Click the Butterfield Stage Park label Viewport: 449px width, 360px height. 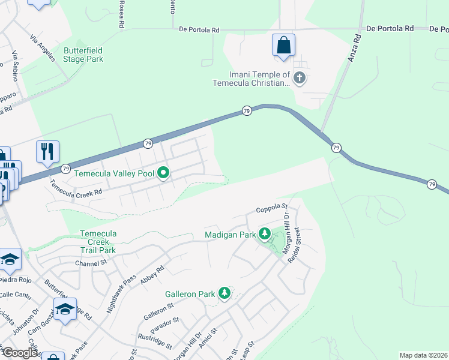(83, 55)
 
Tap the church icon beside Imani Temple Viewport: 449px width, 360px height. (300, 77)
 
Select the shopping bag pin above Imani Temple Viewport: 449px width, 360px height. (283, 46)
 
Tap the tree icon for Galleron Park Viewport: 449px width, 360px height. (224, 294)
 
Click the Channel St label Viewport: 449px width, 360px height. (91, 263)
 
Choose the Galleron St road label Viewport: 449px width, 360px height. (158, 311)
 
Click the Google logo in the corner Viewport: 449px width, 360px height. (20, 353)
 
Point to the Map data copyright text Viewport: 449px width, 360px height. (424, 355)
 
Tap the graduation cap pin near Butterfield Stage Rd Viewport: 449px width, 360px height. (65, 310)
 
